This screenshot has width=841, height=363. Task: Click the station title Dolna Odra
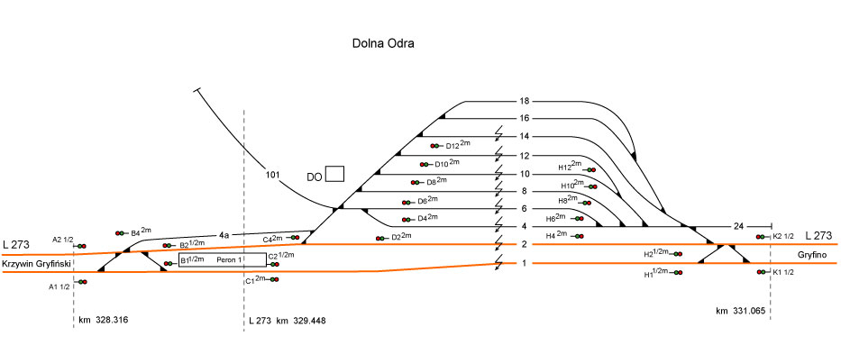[383, 43]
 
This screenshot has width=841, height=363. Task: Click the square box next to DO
[335, 174]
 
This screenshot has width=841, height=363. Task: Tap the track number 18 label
[523, 100]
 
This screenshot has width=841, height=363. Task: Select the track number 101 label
[275, 174]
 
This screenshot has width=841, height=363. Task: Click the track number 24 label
[739, 225]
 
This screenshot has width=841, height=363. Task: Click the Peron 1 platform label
[230, 259]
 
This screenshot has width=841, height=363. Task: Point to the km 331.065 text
[740, 311]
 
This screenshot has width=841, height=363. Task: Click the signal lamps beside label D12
[436, 146]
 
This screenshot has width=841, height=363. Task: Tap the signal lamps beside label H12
[591, 169]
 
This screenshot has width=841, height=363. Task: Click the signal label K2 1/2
[782, 237]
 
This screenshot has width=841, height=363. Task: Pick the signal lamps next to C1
[273, 279]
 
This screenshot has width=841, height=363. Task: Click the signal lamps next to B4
[120, 233]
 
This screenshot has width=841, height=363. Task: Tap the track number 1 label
[523, 264]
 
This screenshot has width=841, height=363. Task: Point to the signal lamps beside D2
[380, 238]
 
